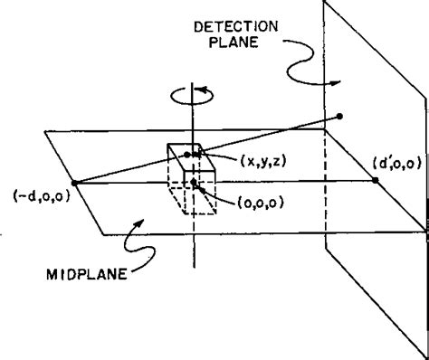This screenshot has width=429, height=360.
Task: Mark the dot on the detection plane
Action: coord(339,116)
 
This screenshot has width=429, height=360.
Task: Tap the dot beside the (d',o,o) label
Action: coord(375,181)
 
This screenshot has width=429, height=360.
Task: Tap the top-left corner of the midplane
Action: coord(44,132)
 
